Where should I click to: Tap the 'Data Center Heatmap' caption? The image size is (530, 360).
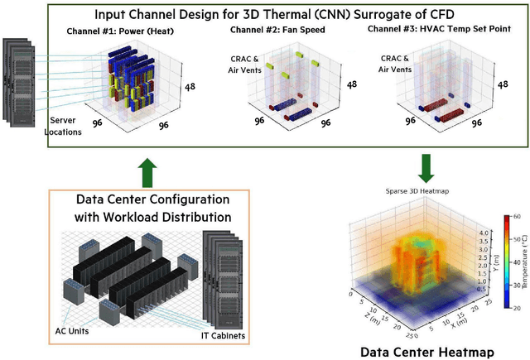click(427, 351)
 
